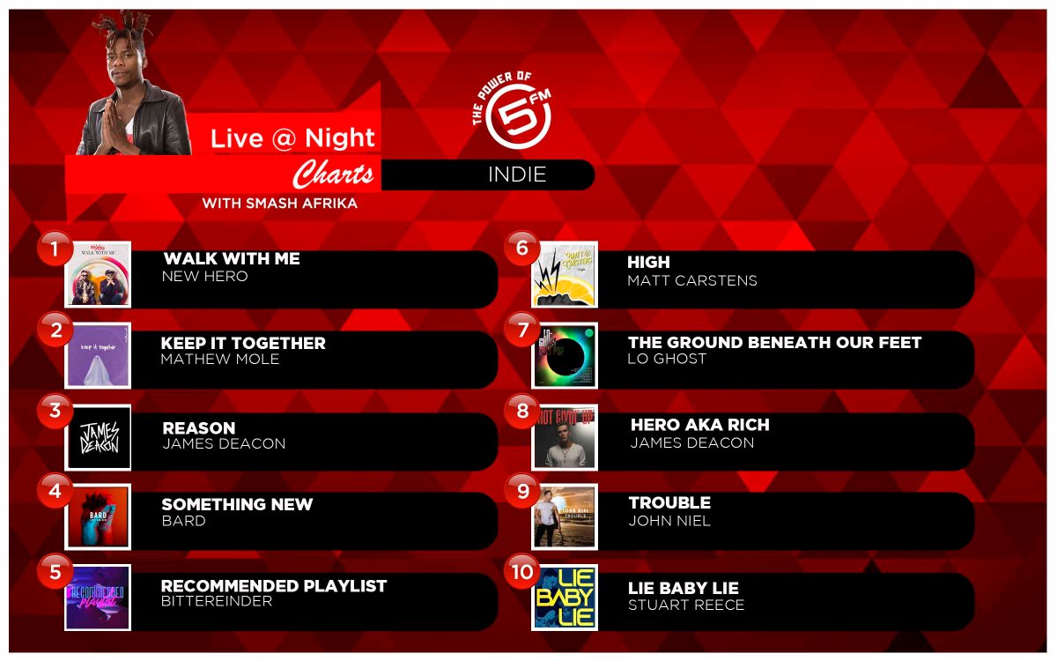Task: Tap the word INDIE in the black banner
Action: pyautogui.click(x=517, y=175)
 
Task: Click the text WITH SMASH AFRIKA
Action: pyautogui.click(x=280, y=204)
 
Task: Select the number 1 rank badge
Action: pyautogui.click(x=55, y=249)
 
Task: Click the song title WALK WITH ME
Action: pyautogui.click(x=232, y=259)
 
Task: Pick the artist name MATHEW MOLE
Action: pyautogui.click(x=219, y=360)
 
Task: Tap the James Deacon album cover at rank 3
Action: pyautogui.click(x=99, y=437)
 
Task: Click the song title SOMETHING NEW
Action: pyautogui.click(x=237, y=505)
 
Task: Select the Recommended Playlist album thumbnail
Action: pyautogui.click(x=98, y=598)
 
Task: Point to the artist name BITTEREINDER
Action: pyautogui.click(x=217, y=602)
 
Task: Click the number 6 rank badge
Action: pyautogui.click(x=522, y=249)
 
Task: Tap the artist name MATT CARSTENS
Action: pyautogui.click(x=691, y=281)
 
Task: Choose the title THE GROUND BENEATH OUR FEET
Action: pyautogui.click(x=774, y=343)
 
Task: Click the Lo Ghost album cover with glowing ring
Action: pyautogui.click(x=565, y=355)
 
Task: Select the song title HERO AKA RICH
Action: pyautogui.click(x=699, y=425)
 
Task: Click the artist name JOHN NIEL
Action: pyautogui.click(x=669, y=521)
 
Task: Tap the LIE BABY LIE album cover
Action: pyautogui.click(x=565, y=598)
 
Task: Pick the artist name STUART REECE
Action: pyautogui.click(x=686, y=605)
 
